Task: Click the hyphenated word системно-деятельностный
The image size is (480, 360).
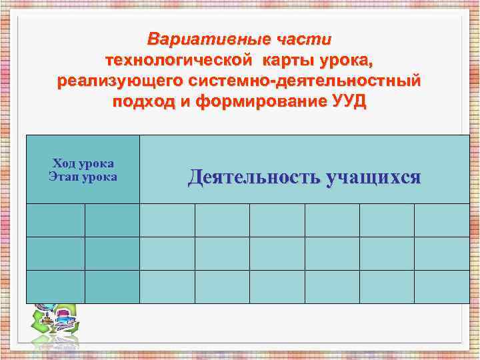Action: [x=305, y=82]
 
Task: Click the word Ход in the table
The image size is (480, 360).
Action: [x=65, y=164]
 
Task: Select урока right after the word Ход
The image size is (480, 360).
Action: [x=96, y=164]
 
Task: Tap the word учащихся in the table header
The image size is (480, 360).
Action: [x=373, y=177]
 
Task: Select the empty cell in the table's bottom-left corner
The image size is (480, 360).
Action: [x=55, y=287]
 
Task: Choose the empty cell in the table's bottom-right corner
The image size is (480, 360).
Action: [x=441, y=287]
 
